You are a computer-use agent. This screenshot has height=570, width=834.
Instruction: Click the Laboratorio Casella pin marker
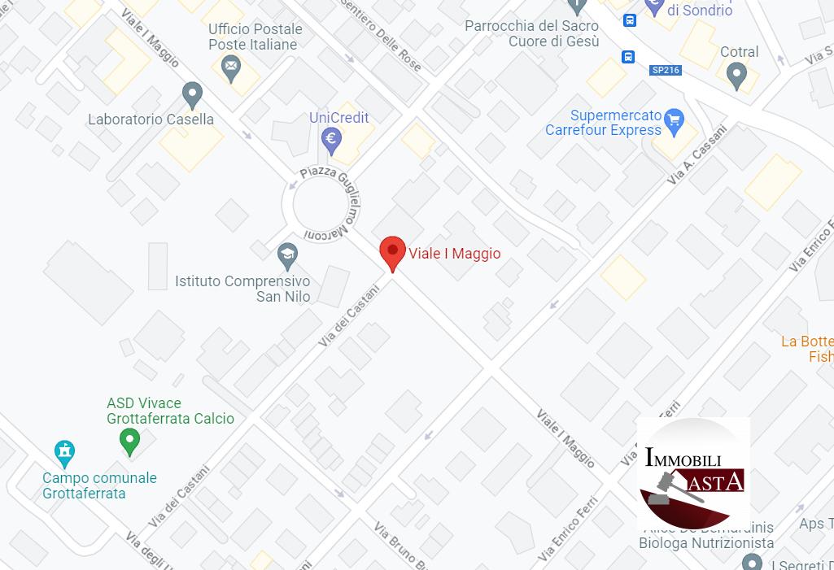click(192, 94)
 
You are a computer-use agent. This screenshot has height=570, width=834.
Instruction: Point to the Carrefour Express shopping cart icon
click(674, 121)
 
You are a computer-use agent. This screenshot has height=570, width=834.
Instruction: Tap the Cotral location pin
click(736, 75)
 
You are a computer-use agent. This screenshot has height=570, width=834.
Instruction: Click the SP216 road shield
click(666, 70)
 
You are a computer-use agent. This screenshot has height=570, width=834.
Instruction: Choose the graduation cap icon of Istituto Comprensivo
click(286, 256)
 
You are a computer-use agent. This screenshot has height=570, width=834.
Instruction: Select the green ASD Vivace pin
click(129, 442)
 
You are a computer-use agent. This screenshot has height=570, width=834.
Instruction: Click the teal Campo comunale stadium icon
click(64, 450)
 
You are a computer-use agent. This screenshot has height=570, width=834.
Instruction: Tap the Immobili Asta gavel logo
click(693, 474)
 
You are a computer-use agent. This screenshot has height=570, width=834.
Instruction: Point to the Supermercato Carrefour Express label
click(604, 123)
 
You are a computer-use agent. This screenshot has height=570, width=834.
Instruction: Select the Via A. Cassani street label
click(696, 154)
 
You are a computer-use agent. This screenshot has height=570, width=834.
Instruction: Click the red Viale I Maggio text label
click(455, 254)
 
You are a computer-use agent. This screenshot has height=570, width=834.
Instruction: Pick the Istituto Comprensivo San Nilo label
click(242, 289)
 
